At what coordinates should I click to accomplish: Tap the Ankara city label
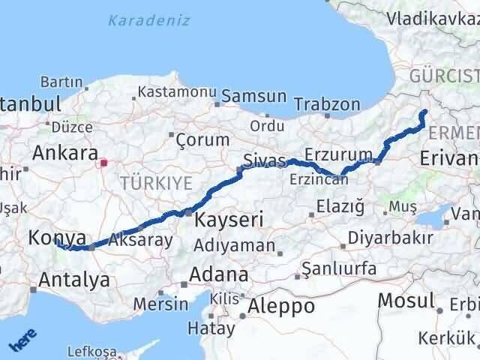coord(64,154)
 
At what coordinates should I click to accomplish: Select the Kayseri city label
coord(229,220)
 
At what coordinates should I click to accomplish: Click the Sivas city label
coord(265,160)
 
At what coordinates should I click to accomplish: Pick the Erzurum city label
coord(344,154)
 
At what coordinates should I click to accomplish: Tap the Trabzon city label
coord(327,104)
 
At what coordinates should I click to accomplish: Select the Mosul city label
coord(406,301)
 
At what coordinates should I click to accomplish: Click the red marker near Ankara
coord(104,160)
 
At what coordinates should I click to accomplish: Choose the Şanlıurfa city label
coord(336,268)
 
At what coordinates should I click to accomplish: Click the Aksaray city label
coord(140,240)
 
